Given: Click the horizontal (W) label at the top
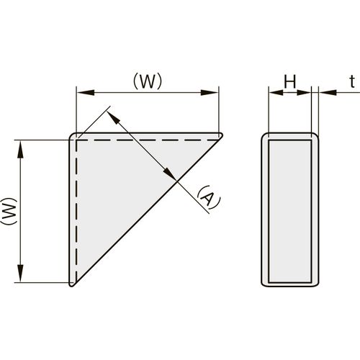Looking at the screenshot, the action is point(148,81).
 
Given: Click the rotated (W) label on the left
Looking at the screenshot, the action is point(9,211).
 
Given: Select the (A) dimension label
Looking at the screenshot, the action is point(208,197).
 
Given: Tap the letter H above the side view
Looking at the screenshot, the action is point(290,82).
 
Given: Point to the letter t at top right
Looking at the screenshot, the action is point(352,82).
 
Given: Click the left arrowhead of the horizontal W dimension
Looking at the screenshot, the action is point(86,92).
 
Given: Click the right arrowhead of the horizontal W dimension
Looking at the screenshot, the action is point(210,92).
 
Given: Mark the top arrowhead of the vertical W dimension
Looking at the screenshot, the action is point(21,149).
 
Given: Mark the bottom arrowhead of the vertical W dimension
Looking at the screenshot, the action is point(21,274).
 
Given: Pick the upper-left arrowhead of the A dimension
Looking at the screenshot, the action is point(113,118).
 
